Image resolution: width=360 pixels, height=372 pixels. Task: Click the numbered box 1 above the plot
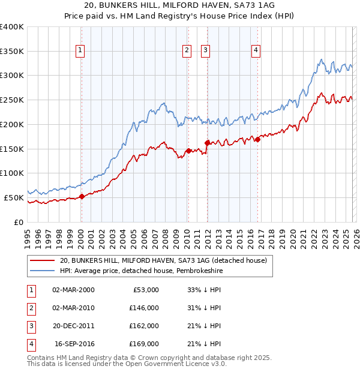point(80,51)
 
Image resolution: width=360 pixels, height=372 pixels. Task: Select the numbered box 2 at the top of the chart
point(187,51)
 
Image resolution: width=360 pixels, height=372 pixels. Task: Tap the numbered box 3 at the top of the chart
point(206,51)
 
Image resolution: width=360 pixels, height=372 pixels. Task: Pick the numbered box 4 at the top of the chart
point(256,51)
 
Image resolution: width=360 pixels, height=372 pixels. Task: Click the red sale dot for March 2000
point(82,196)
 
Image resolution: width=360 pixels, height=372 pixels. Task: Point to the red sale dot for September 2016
point(257,140)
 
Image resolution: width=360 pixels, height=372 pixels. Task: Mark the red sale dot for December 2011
point(207,143)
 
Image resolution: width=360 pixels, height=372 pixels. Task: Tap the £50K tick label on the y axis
point(14,197)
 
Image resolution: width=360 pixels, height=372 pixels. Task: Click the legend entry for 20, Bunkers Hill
point(167,260)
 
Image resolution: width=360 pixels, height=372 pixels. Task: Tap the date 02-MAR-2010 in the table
point(73,308)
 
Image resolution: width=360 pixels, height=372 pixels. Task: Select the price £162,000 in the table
point(144,326)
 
